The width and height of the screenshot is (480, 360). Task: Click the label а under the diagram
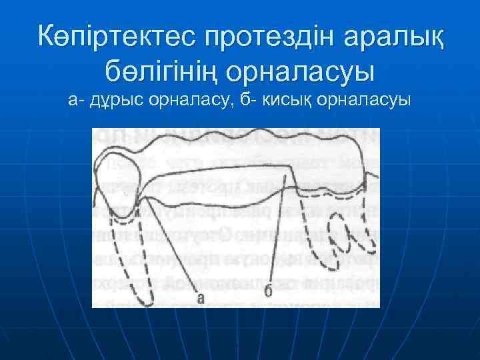[201, 298]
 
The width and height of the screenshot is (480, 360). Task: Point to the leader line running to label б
[280, 227]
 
